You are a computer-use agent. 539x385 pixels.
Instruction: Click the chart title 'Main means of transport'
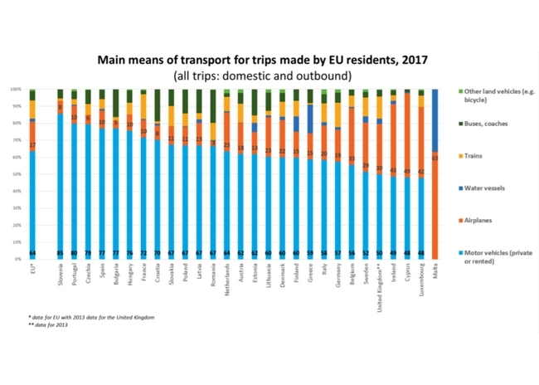pos(263,61)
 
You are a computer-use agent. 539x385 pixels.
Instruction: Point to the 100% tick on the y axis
pos(16,89)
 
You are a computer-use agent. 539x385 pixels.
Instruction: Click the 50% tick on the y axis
pos(17,174)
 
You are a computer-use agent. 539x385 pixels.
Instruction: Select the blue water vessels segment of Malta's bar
pos(435,120)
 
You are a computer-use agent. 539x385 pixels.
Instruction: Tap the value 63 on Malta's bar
pos(435,156)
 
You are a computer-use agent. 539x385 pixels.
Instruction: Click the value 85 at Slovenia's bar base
pos(60,253)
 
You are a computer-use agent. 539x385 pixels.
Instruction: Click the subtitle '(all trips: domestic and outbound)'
pos(263,76)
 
